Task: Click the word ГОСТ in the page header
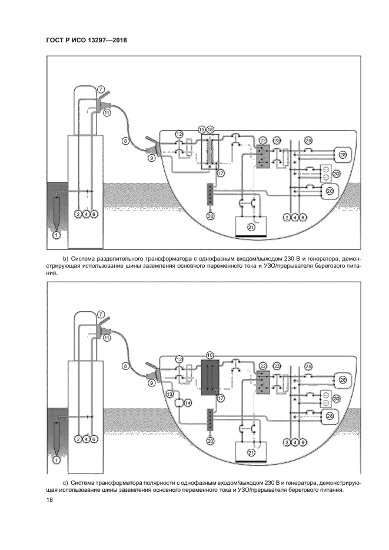click(x=54, y=41)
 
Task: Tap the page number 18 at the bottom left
click(x=49, y=500)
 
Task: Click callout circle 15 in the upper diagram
click(x=202, y=130)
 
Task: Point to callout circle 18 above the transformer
click(x=210, y=130)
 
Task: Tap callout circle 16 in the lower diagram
click(x=210, y=355)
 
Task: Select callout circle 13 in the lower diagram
click(x=169, y=394)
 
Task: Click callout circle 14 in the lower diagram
click(x=188, y=403)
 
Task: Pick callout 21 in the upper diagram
click(x=251, y=227)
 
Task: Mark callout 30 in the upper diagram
click(x=337, y=174)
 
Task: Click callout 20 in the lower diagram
click(x=211, y=441)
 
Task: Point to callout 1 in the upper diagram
click(x=56, y=235)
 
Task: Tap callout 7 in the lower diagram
click(x=101, y=314)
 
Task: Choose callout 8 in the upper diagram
click(x=125, y=141)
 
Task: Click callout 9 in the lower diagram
click(x=151, y=383)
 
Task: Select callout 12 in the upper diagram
click(x=179, y=134)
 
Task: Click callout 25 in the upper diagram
click(x=308, y=141)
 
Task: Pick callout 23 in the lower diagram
click(x=277, y=366)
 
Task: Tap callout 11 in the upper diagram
click(x=107, y=112)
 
